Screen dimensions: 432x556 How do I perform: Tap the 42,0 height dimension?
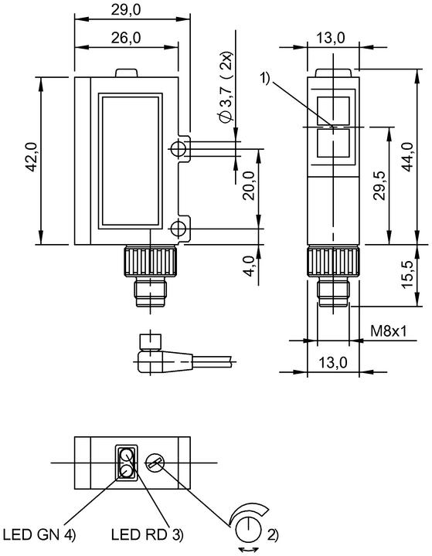tap(32, 157)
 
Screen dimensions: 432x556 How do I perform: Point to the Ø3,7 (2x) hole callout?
tap(226, 88)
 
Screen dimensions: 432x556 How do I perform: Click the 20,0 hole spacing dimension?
tap(250, 185)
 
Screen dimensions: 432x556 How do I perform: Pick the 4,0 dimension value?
tap(250, 266)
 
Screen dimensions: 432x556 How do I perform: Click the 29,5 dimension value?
tap(379, 185)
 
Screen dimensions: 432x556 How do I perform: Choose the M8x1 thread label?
tap(389, 331)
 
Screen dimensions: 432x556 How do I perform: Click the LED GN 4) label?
tap(39, 534)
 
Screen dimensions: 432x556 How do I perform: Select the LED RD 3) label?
tap(148, 534)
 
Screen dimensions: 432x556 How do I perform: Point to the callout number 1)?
tap(266, 77)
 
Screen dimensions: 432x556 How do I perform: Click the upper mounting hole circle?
tap(178, 149)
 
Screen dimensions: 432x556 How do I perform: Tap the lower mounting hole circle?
tap(178, 229)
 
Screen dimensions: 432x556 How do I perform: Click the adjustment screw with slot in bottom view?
tap(154, 463)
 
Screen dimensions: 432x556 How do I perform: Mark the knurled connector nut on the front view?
tap(151, 262)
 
